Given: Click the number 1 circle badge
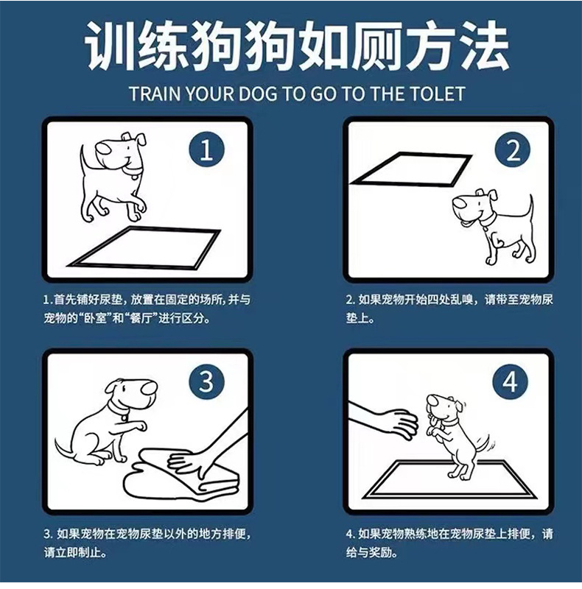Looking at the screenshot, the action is coord(206,149).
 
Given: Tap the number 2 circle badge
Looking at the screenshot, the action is coord(513,150).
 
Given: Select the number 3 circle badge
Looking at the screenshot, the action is coord(206,381).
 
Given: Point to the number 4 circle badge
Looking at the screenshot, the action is coord(511,382).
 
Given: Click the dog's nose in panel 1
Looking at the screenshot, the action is coord(102,148).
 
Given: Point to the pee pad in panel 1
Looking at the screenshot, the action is coord(144,248).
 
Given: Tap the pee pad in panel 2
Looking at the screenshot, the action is coord(410,169).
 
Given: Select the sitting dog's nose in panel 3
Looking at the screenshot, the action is coord(149,389).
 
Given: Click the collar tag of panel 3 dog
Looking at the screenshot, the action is coord(125,417).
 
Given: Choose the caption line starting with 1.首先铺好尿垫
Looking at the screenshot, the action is coord(147,300).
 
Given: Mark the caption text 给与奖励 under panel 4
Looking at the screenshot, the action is coord(371,552).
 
